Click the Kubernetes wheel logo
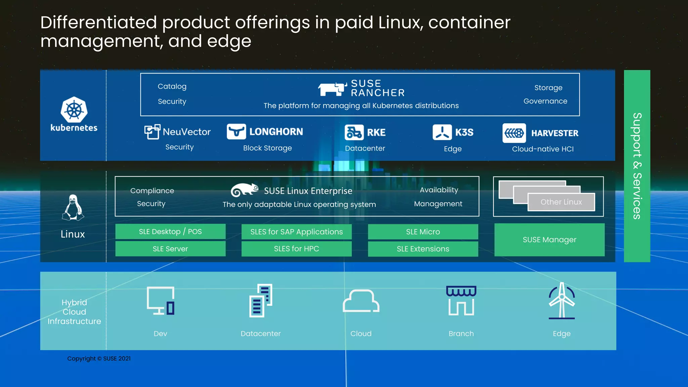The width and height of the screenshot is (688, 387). (74, 110)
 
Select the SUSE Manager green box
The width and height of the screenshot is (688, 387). (549, 240)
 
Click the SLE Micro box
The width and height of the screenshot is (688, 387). (423, 232)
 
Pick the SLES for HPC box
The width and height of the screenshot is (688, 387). (296, 249)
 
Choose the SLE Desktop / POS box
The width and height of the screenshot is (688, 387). (170, 231)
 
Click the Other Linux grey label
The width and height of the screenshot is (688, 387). (561, 202)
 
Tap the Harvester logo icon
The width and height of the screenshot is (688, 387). (514, 133)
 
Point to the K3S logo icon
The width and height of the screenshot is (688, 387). (442, 132)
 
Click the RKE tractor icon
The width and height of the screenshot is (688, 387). (354, 132)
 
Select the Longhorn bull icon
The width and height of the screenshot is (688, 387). (236, 131)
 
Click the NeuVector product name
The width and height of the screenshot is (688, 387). (187, 132)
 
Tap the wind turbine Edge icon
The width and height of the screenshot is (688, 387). (562, 300)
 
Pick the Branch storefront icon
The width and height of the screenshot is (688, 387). (461, 300)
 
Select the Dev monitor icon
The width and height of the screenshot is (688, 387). (161, 300)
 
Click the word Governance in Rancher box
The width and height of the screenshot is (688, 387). (545, 101)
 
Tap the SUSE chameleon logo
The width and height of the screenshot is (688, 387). (245, 190)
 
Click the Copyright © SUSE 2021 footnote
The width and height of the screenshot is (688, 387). (99, 358)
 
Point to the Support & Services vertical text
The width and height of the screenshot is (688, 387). (637, 166)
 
